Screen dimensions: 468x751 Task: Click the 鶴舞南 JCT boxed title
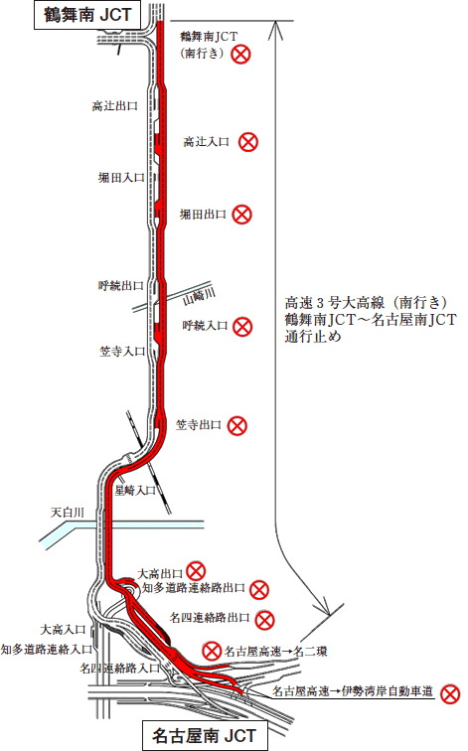pyautogui.click(x=87, y=15)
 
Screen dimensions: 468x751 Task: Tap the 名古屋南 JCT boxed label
pyautogui.click(x=205, y=736)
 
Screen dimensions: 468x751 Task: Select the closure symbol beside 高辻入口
pyautogui.click(x=248, y=142)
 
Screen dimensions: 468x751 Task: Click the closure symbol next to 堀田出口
pyautogui.click(x=241, y=215)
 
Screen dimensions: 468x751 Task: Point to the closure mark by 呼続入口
pyautogui.click(x=242, y=327)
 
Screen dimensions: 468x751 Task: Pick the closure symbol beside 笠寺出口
pyautogui.click(x=237, y=425)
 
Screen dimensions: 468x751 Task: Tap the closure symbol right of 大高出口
pyautogui.click(x=196, y=571)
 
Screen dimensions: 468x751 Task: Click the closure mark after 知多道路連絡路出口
pyautogui.click(x=259, y=590)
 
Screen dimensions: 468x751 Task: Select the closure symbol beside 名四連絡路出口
pyautogui.click(x=264, y=620)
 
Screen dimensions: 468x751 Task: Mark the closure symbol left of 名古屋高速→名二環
pyautogui.click(x=212, y=652)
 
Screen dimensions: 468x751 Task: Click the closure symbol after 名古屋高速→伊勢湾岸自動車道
pyautogui.click(x=450, y=694)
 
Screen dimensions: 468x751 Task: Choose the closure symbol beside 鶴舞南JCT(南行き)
pyautogui.click(x=240, y=54)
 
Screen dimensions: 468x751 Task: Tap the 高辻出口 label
pyautogui.click(x=115, y=106)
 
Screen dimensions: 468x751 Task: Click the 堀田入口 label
pyautogui.click(x=121, y=178)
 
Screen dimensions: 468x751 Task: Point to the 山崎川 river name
pyautogui.click(x=200, y=296)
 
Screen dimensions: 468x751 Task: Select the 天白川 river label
pyautogui.click(x=67, y=513)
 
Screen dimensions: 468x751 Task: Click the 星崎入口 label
pyautogui.click(x=135, y=491)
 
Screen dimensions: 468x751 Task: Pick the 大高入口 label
pyautogui.click(x=63, y=630)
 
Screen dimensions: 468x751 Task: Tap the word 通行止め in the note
pyautogui.click(x=313, y=336)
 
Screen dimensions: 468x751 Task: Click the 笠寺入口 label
pyautogui.click(x=122, y=352)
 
